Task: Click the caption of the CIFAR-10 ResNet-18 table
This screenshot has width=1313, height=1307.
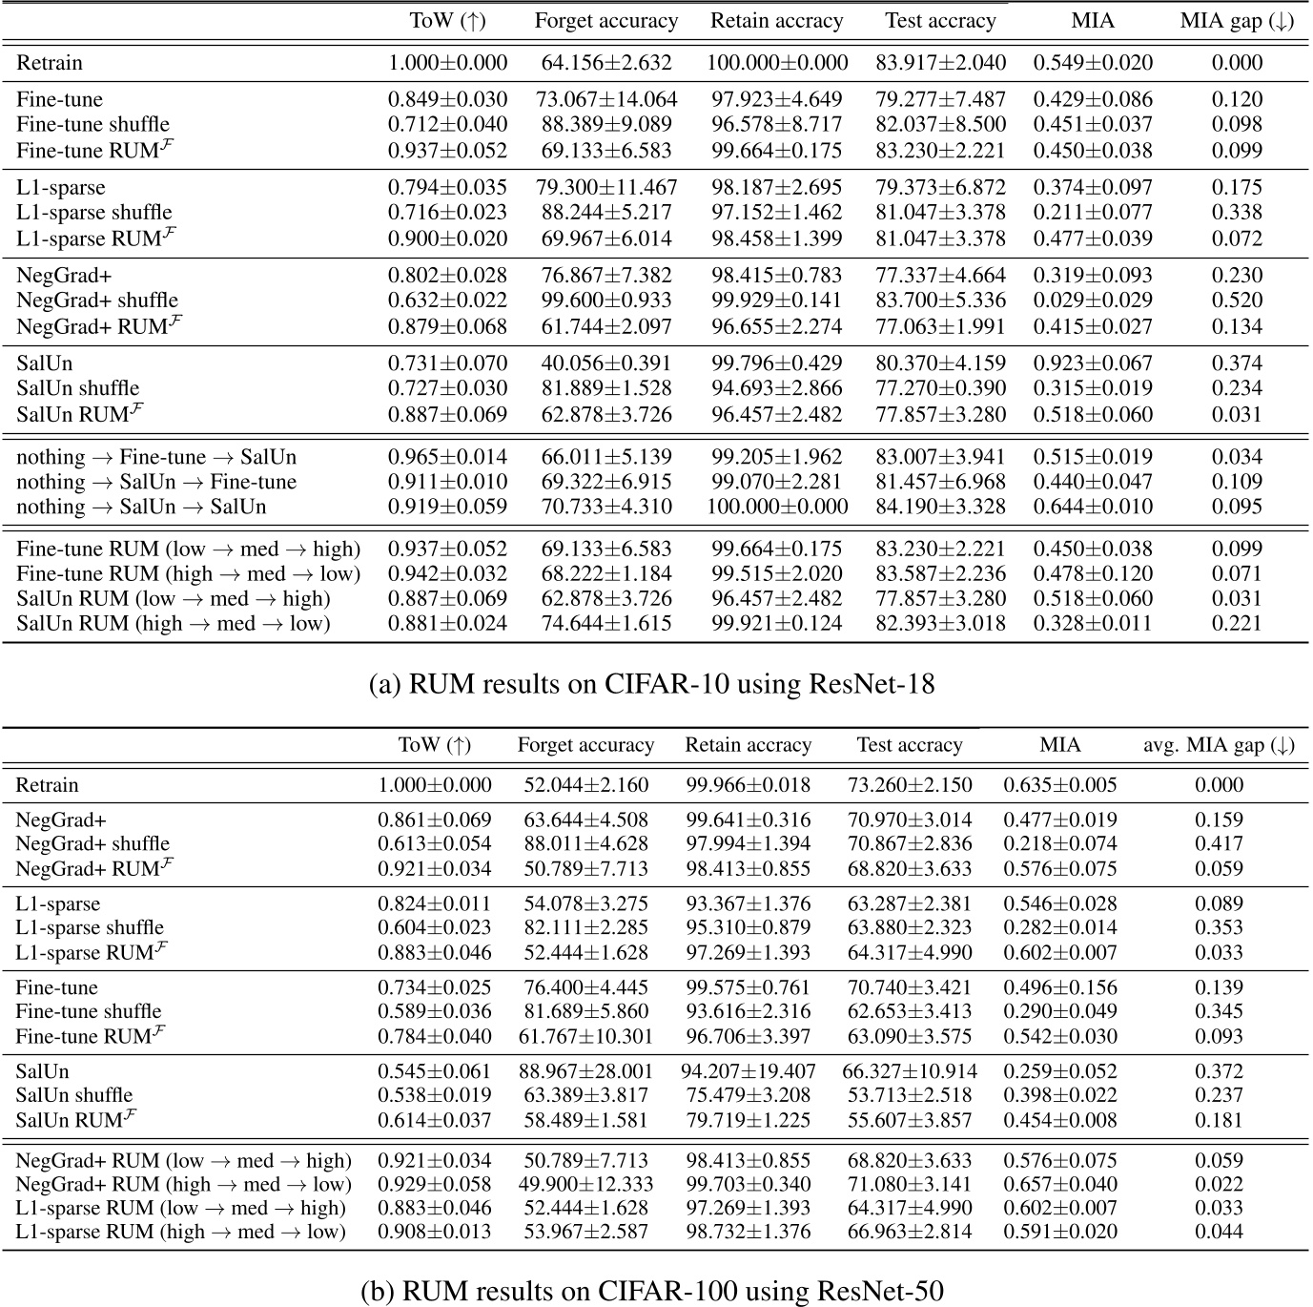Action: point(651,684)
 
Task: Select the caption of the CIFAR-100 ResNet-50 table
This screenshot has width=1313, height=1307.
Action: point(652,1291)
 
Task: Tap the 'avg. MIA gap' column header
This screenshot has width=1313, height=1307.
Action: point(1219,745)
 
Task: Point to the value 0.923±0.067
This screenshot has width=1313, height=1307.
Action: point(1093,363)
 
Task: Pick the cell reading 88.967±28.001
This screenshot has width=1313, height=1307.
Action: point(585,1071)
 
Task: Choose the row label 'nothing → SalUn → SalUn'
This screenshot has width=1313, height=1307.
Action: point(141,507)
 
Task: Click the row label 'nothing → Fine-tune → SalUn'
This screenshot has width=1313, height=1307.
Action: point(156,457)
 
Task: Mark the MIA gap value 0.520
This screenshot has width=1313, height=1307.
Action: point(1237,301)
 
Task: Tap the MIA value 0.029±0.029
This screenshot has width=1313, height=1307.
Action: point(1093,301)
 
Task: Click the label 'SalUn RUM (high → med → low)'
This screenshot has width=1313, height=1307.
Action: point(174,623)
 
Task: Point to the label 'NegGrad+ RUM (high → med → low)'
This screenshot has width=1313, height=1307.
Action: point(184,1185)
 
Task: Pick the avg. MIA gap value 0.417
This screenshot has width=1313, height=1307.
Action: point(1219,843)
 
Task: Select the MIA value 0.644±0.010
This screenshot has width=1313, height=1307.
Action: point(1093,507)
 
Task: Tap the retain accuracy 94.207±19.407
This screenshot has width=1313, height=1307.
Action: point(748,1071)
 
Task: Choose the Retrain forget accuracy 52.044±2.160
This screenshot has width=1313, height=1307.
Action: point(585,785)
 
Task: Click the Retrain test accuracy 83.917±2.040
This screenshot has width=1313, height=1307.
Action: point(940,63)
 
